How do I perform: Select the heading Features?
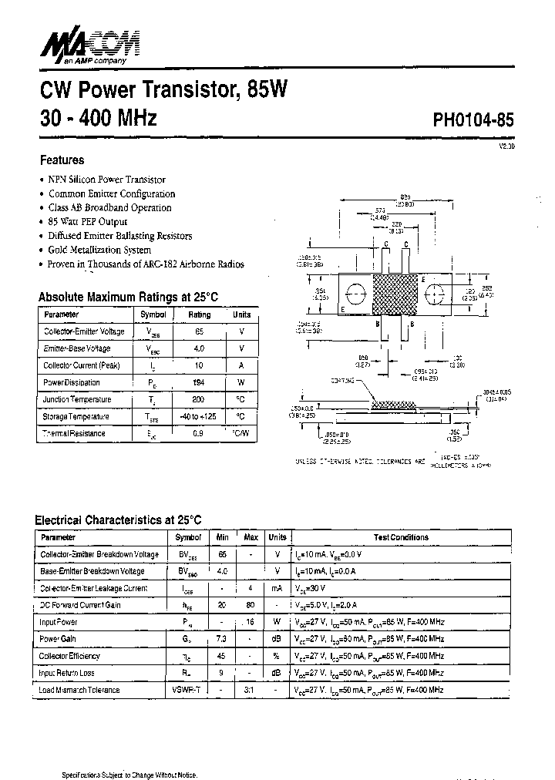62,160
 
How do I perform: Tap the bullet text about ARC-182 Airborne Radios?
146,264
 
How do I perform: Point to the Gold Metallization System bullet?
99,250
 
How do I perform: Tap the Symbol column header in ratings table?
153,314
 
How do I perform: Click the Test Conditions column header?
401,537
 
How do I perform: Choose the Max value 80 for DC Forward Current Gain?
251,605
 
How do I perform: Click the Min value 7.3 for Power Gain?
222,639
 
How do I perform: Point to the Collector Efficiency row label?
69,656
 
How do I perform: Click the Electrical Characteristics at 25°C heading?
119,520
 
